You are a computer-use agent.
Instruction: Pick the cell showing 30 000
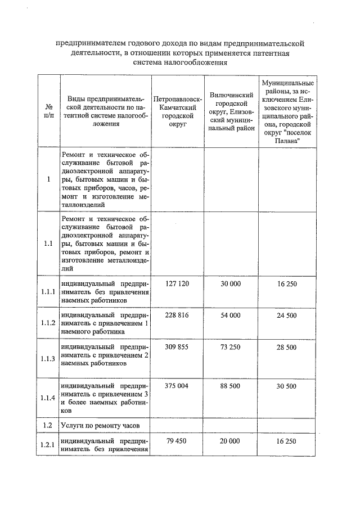[231, 284]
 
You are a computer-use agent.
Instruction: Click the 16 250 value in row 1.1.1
[286, 284]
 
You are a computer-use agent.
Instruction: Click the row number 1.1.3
[48, 358]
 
